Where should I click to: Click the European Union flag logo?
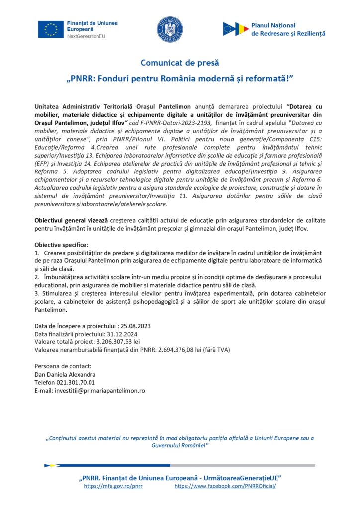(x=51, y=29)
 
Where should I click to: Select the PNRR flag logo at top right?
(x=236, y=29)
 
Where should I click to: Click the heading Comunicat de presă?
(x=180, y=63)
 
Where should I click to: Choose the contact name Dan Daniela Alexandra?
(x=65, y=374)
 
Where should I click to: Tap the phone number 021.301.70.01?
(x=78, y=382)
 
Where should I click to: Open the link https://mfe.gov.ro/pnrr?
(x=113, y=486)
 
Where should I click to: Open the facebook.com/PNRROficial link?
(x=225, y=486)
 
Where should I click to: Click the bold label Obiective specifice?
(x=61, y=245)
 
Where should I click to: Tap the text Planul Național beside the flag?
(x=273, y=25)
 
